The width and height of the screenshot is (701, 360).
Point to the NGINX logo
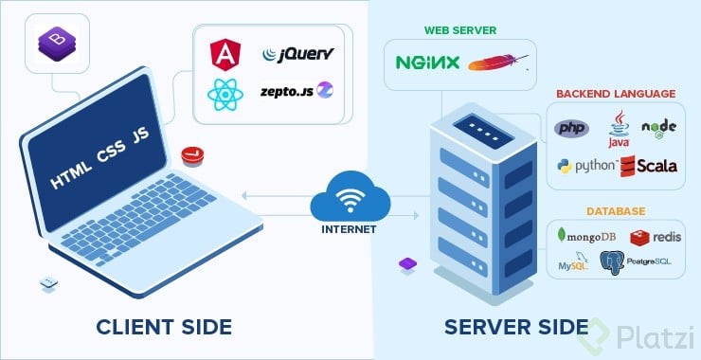[427, 63]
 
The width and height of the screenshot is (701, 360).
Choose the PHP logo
[571, 128]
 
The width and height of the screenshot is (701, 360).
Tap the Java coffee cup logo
[620, 128]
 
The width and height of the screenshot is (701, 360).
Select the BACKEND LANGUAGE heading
[615, 95]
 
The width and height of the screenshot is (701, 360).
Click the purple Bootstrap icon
[54, 42]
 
